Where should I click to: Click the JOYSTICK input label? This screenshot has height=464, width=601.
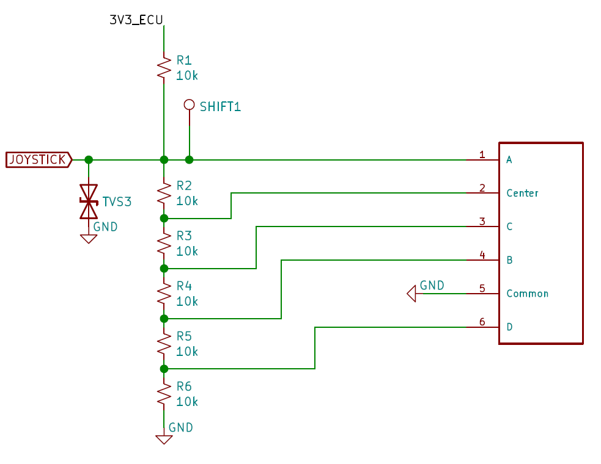(x=39, y=159)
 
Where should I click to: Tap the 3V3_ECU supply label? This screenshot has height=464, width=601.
(x=136, y=20)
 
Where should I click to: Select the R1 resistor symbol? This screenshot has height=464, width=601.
(x=164, y=68)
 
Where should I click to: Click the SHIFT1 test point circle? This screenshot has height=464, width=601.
(x=189, y=104)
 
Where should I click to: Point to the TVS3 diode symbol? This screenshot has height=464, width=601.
(x=89, y=201)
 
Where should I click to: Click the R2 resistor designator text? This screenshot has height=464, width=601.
(x=184, y=186)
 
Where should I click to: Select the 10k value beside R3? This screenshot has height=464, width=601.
(x=186, y=251)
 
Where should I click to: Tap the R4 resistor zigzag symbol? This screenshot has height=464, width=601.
(x=164, y=294)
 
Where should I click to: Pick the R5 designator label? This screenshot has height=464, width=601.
(x=184, y=336)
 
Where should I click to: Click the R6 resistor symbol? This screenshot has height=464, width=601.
(x=164, y=394)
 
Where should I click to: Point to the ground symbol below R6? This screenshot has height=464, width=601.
(x=164, y=440)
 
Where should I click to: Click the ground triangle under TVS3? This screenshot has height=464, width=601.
(x=89, y=239)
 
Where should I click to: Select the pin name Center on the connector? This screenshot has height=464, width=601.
(x=522, y=193)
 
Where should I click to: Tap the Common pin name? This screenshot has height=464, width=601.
(x=527, y=294)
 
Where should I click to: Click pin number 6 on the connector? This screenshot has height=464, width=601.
(x=482, y=322)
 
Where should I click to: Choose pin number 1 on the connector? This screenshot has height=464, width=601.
(x=482, y=154)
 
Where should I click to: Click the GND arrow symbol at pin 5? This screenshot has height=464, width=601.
(x=411, y=294)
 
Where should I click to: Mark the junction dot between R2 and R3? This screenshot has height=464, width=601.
(x=164, y=219)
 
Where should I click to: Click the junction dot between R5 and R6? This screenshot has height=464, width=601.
(x=164, y=369)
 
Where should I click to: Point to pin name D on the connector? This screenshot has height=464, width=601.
(x=509, y=327)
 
